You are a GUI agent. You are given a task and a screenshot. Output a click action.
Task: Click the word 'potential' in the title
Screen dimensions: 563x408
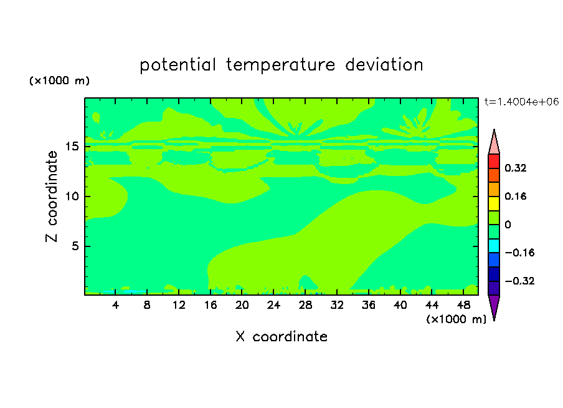click(177, 65)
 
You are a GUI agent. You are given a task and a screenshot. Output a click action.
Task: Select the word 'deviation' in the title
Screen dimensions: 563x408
click(384, 65)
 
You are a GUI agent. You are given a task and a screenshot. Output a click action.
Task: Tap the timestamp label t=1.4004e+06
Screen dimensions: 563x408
click(521, 102)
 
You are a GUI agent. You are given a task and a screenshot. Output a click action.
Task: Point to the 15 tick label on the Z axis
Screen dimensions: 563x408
click(72, 147)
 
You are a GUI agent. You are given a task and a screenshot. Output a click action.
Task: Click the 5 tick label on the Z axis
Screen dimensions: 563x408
click(75, 246)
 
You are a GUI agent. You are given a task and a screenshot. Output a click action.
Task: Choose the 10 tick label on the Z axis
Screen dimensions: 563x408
click(72, 197)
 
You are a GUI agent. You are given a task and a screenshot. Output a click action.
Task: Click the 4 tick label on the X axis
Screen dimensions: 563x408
click(115, 305)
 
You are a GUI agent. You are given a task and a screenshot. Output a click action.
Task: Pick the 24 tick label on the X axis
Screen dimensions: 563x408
click(273, 305)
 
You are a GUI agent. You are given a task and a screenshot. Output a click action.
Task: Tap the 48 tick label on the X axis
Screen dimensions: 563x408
click(463, 305)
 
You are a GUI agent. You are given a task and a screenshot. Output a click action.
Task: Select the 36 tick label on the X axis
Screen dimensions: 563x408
click(369, 305)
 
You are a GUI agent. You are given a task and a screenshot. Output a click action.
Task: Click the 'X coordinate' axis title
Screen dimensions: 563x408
click(281, 336)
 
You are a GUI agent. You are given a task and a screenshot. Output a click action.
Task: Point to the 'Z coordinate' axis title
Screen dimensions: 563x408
click(52, 197)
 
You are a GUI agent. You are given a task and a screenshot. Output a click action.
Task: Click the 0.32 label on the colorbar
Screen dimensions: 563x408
click(515, 168)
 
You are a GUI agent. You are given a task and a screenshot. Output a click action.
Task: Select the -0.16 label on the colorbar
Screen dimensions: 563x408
click(519, 253)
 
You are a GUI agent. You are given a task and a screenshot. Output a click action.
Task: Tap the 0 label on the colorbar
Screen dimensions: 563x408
click(508, 225)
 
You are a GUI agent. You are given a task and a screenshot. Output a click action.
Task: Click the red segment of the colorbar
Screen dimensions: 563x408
click(494, 161)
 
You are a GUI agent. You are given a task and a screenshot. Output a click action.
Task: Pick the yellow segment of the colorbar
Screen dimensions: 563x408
click(494, 203)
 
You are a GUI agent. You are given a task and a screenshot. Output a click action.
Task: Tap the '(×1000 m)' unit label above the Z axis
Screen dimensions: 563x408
click(59, 80)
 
